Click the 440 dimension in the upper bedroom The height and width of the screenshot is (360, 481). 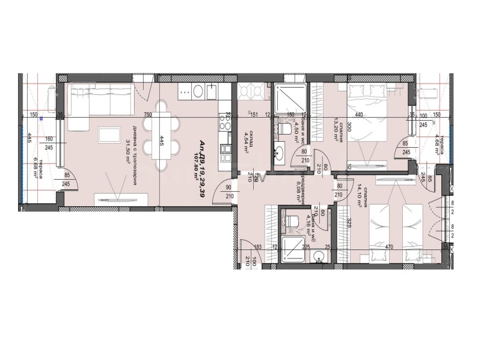coord(359,115)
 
